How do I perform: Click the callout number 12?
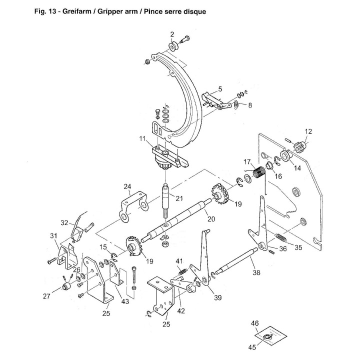[x=308, y=131]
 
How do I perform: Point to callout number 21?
[x=179, y=198]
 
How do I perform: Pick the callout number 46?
[x=255, y=323]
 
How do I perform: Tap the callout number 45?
[x=252, y=347]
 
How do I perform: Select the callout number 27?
[x=46, y=296]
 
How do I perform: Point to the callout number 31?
[x=53, y=236]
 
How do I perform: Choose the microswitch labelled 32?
[x=77, y=234]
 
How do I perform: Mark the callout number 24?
[x=127, y=186]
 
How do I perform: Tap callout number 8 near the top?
[x=250, y=105]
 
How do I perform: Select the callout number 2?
[x=172, y=34]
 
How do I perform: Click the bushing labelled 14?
[x=285, y=155]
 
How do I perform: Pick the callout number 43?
[x=125, y=301]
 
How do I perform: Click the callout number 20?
[x=211, y=219]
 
